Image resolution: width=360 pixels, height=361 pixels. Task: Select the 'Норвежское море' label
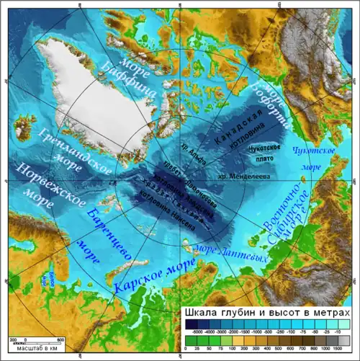coord(32,185)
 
